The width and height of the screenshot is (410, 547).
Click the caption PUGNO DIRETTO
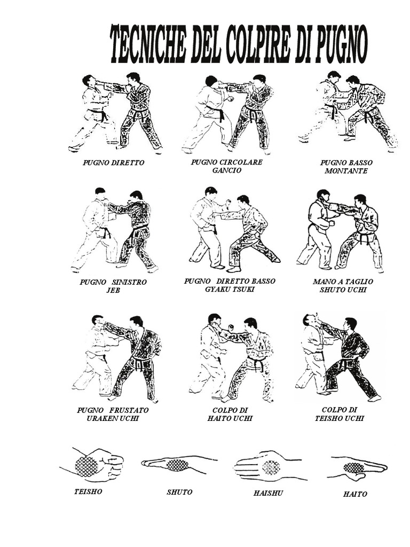coord(114,162)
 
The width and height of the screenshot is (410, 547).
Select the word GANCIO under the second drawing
coord(226,170)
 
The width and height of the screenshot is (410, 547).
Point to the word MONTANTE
coord(346,171)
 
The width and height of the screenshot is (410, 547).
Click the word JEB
coord(113,290)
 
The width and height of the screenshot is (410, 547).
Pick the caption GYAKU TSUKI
coord(230,289)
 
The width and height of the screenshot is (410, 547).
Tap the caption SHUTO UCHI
coord(346,290)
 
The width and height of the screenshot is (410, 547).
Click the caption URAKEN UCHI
coord(113,418)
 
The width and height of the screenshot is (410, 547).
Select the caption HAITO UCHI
coord(230,418)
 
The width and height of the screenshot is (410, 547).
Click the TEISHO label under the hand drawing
coord(88,491)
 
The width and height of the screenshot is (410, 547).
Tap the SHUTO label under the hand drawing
coord(179,492)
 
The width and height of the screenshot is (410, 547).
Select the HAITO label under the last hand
coord(355,494)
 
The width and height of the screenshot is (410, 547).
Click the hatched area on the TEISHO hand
coord(86,466)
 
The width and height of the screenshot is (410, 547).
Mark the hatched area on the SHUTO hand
coord(178,465)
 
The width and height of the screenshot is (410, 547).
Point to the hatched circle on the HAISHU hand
coord(271,467)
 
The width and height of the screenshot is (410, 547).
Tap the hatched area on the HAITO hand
coord(353,467)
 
